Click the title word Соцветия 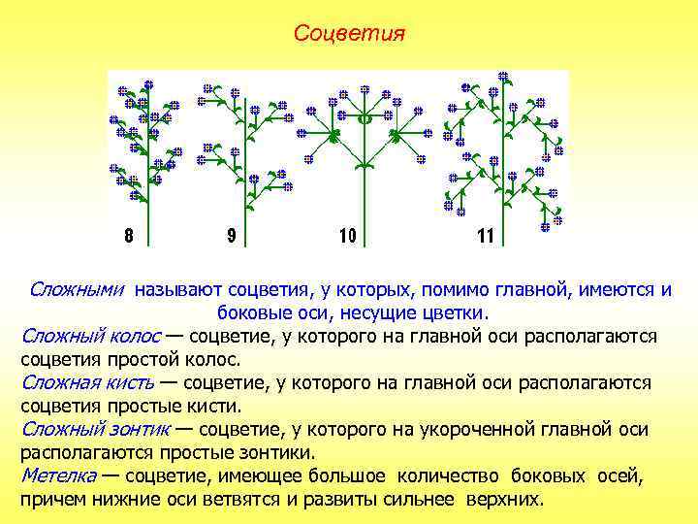(x=349, y=34)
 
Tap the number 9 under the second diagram (x=232, y=235)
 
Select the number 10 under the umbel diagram (x=347, y=235)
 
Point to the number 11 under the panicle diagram (x=485, y=235)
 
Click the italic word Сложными (x=78, y=288)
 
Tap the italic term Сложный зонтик (x=95, y=429)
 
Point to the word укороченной (x=469, y=429)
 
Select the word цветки (x=458, y=312)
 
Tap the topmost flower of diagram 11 (x=502, y=76)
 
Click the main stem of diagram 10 (x=365, y=194)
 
